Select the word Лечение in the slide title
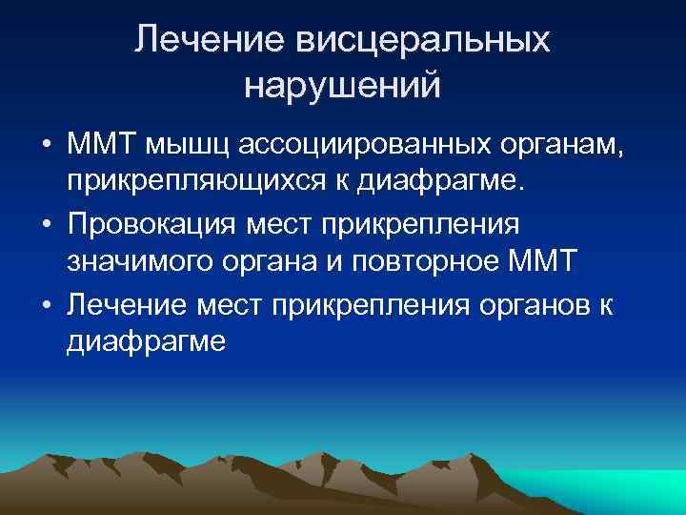coord(202,41)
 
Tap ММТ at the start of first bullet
coord(101,146)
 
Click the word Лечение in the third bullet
coord(127,306)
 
